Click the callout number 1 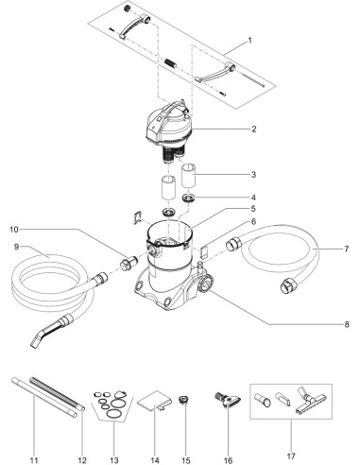pos(249,41)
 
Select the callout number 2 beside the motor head pos(254,129)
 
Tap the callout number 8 pos(347,324)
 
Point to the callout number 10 pos(14,230)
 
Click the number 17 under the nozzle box pos(291,456)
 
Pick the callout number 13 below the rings pos(114,460)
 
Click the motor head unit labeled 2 pos(171,129)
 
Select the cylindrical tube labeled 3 pos(188,175)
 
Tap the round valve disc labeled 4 pos(189,198)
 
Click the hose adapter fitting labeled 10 pos(129,263)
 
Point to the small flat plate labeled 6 pos(204,251)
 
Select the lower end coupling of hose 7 pos(288,286)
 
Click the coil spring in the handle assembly pos(170,62)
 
